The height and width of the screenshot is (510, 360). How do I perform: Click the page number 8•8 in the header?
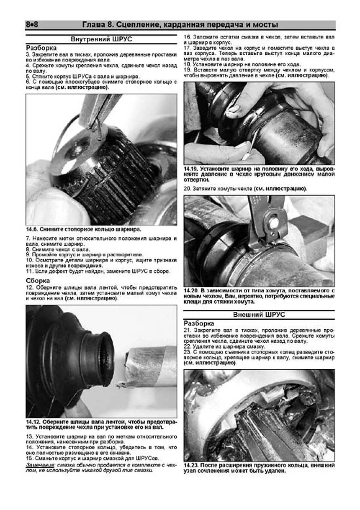[32, 25]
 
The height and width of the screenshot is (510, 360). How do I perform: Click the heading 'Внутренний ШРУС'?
[101, 39]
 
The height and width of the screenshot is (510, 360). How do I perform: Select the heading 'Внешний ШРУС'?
[259, 315]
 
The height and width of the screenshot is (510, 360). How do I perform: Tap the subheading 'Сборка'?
[37, 281]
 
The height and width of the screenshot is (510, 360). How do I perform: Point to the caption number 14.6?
[31, 229]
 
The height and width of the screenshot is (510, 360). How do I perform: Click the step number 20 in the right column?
[187, 189]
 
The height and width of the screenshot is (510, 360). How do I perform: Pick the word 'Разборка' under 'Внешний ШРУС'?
[199, 323]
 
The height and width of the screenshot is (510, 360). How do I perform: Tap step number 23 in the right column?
[187, 352]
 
